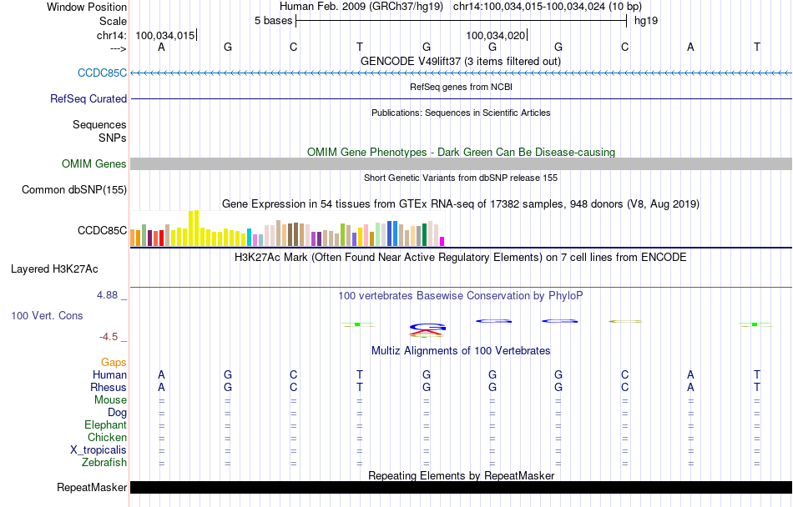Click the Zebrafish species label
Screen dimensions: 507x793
tap(104, 463)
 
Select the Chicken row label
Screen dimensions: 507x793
tap(107, 438)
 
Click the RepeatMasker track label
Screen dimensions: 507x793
tap(92, 488)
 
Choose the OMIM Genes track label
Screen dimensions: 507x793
tap(94, 164)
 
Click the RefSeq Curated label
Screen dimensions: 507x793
tap(88, 99)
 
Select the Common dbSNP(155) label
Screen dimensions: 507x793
tap(74, 190)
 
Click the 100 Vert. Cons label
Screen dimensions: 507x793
tap(47, 316)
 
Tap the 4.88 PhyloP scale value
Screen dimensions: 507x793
tap(109, 295)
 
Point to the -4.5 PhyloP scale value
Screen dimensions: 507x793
tap(109, 337)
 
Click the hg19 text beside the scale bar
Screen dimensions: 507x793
tap(646, 21)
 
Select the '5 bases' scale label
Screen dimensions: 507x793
tap(273, 21)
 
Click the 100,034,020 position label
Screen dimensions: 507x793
tap(496, 35)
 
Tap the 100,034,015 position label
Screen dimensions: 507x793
tap(164, 35)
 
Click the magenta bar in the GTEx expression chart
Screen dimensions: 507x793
tap(442, 241)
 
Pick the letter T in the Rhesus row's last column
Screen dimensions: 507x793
tap(757, 388)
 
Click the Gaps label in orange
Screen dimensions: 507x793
tap(114, 363)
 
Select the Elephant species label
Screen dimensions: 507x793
tap(105, 425)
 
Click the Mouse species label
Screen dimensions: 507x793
tap(110, 400)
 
